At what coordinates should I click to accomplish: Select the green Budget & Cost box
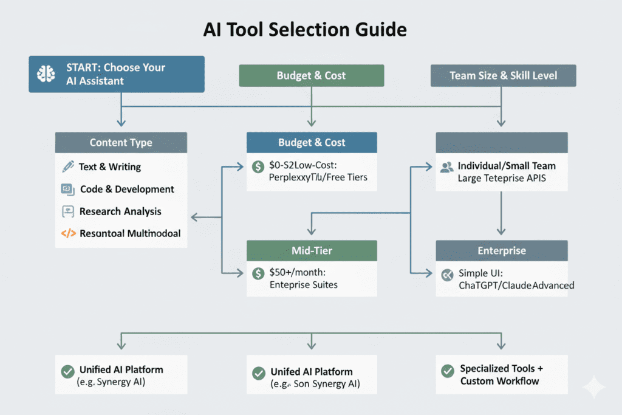311,76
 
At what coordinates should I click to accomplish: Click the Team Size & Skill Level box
503,76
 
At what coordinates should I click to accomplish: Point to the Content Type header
121,143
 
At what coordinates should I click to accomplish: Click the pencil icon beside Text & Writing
67,166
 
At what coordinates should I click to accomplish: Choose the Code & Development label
127,189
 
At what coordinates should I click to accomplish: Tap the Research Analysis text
120,211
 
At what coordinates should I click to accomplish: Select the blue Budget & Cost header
311,143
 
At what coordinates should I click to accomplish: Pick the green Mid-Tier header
311,250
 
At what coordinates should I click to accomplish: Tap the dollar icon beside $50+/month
258,273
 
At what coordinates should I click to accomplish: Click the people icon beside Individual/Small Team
447,166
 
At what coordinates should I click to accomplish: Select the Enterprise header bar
501,250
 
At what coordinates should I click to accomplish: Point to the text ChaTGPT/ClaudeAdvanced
516,285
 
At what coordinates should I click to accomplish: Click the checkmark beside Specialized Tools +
448,370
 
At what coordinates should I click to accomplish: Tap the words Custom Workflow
499,381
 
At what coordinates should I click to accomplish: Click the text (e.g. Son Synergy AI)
315,383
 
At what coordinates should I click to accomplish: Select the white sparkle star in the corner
593,387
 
